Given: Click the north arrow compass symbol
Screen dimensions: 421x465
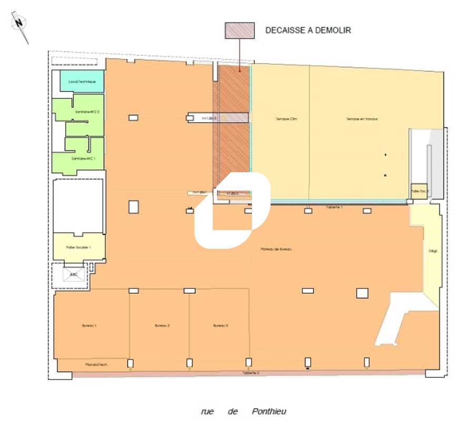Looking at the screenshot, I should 21,26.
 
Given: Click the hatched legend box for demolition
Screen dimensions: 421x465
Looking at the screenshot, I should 240,31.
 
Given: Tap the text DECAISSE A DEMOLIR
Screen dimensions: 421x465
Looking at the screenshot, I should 308,31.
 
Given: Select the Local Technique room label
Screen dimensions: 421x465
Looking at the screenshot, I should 82,82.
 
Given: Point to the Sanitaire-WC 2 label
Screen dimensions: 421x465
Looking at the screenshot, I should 87,112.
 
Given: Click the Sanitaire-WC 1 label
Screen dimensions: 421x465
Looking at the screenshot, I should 83,158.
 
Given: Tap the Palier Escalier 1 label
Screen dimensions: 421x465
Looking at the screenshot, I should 80,247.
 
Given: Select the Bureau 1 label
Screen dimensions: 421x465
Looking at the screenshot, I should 89,326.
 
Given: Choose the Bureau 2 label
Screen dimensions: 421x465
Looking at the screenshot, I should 162,326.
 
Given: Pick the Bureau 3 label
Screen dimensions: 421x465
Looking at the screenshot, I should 221,326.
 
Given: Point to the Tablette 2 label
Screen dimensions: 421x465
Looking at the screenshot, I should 251,373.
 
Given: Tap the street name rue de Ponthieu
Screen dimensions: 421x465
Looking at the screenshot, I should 243,412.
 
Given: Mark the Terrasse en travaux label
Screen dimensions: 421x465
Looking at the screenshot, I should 362,119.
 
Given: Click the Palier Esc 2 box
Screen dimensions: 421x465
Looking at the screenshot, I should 419,192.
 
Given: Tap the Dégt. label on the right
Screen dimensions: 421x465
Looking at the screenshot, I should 433,251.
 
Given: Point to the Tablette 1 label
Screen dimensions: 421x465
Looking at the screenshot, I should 334,207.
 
